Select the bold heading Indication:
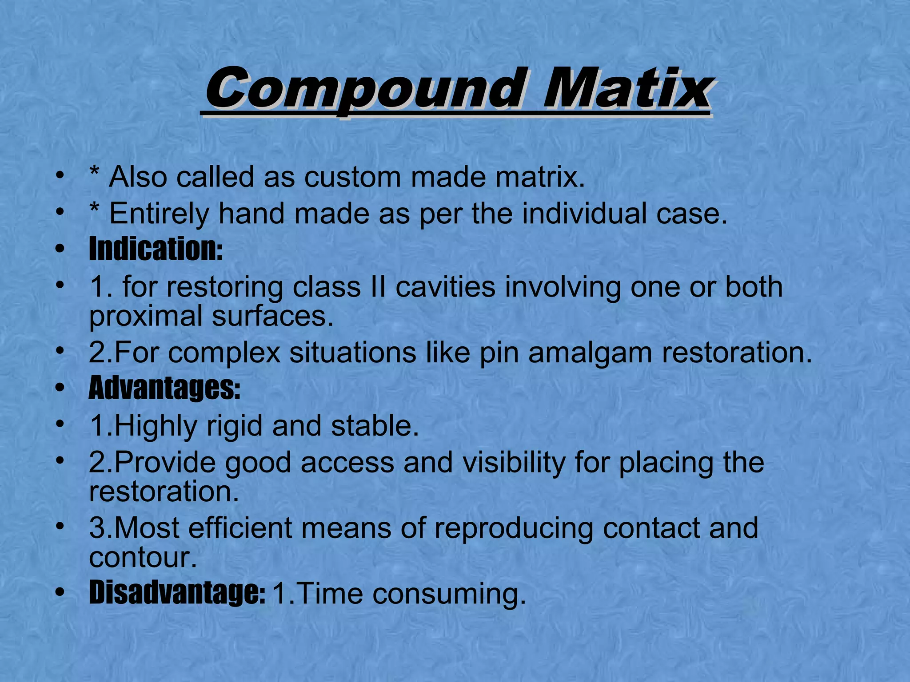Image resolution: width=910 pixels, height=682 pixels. pyautogui.click(x=156, y=250)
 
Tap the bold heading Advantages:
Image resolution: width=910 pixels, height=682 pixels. pyautogui.click(x=164, y=389)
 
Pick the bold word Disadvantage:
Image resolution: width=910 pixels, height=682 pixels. pyautogui.click(x=177, y=593)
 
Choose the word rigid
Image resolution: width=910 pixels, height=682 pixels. pyautogui.click(x=235, y=426)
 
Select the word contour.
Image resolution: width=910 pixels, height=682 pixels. pyautogui.click(x=142, y=558)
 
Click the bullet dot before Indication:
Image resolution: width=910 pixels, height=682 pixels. pyautogui.click(x=60, y=249)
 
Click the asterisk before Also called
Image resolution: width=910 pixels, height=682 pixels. pyautogui.click(x=94, y=172)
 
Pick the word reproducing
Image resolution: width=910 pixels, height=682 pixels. pyautogui.click(x=514, y=529)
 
